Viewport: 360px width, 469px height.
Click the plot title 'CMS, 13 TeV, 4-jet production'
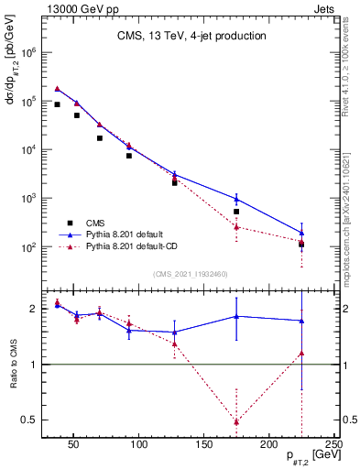(191, 36)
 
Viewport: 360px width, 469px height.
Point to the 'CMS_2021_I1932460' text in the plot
(190, 273)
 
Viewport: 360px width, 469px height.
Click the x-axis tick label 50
(73, 446)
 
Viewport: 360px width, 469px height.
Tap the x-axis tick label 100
(139, 446)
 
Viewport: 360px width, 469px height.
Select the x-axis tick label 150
(204, 446)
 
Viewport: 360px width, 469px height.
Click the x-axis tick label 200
(269, 446)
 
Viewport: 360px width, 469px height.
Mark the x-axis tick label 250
(334, 446)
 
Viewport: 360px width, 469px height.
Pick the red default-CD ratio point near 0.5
(236, 421)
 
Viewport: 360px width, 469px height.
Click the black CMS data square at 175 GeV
(236, 212)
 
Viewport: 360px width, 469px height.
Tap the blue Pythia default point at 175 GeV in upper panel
(236, 198)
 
